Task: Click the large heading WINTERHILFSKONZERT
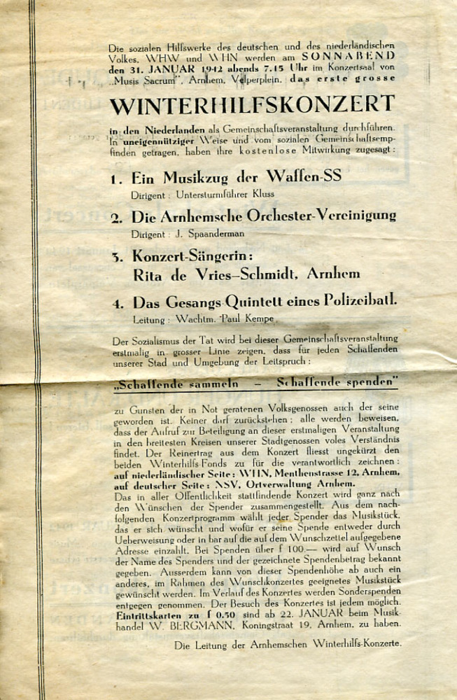(253, 105)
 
